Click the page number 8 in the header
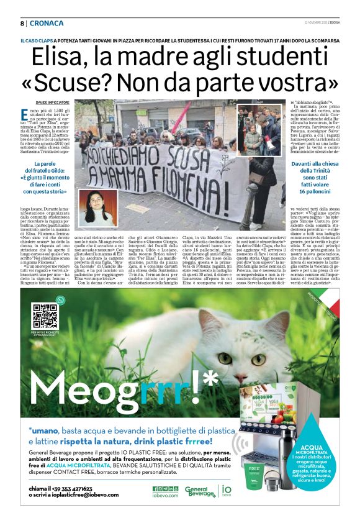tap(22, 23)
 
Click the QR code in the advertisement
tap(45, 319)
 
